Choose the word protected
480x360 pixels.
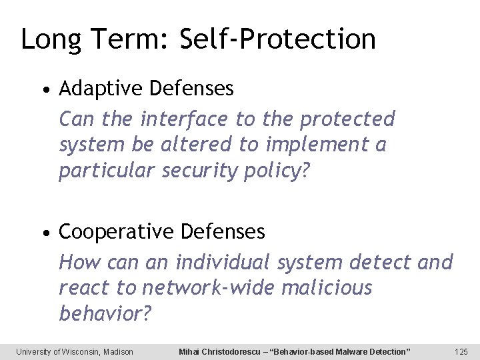tap(347, 119)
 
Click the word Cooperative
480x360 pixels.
tap(117, 232)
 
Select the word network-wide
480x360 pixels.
tap(209, 288)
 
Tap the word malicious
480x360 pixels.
tap(327, 288)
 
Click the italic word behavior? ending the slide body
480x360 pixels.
tap(105, 314)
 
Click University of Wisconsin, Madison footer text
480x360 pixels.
tap(75, 351)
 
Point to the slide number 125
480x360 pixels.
tap(461, 351)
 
